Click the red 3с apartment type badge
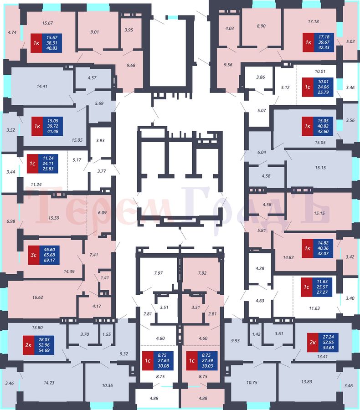[34, 255]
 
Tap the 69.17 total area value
[50, 261]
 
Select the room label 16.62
[38, 297]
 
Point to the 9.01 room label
[95, 32]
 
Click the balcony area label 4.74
[12, 32]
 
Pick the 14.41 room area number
[42, 86]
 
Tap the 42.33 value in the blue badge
[324, 47]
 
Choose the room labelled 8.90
[261, 26]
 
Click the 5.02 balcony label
[350, 41]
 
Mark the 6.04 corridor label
[262, 152]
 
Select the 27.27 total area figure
[322, 292]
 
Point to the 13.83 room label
[306, 381]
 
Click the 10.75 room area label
[252, 383]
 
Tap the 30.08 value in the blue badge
[163, 366]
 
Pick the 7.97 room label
[158, 273]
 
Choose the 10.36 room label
[107, 385]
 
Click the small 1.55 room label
[107, 334]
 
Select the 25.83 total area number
[48, 169]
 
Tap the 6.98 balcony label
[11, 221]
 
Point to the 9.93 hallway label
[235, 341]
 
